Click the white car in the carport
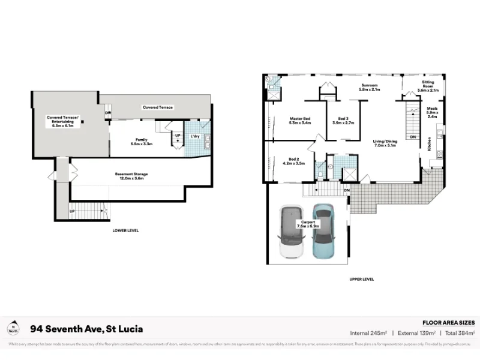(x=290, y=233)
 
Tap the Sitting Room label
(x=428, y=88)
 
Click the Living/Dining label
(x=388, y=143)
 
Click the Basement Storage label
(x=131, y=176)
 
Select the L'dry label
(x=195, y=136)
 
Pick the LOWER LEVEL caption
(x=125, y=230)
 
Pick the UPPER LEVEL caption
(x=361, y=279)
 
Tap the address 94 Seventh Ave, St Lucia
(x=86, y=329)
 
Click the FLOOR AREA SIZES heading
(x=449, y=322)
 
